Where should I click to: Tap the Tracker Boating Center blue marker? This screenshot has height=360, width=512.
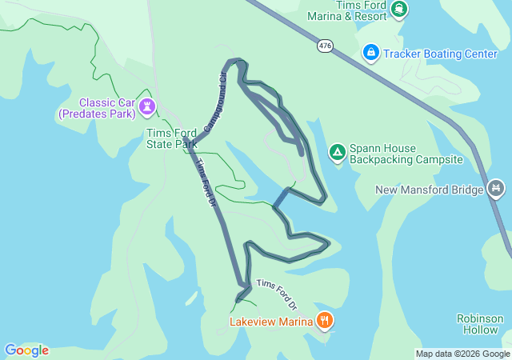tap(371, 54)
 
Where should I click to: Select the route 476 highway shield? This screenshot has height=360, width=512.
tap(325, 46)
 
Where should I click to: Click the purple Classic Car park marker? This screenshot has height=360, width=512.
tap(146, 106)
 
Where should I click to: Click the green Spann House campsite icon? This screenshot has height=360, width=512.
tap(338, 151)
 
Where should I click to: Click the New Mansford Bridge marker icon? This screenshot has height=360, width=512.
tap(496, 189)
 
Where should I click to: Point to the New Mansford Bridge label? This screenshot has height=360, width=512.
tap(430, 190)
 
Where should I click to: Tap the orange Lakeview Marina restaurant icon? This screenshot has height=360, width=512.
tap(325, 321)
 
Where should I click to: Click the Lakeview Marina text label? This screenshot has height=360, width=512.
tap(270, 322)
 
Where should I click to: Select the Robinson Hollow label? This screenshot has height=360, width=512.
tap(480, 324)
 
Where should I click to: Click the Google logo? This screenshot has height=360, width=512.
tap(26, 350)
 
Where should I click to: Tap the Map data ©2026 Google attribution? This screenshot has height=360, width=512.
tap(462, 354)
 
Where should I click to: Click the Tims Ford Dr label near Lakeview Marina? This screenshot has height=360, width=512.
tap(277, 294)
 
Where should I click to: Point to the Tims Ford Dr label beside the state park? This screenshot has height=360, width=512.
tap(206, 182)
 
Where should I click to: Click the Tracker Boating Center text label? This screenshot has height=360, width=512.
tap(441, 54)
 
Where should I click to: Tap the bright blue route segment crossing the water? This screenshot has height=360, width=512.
tap(281, 198)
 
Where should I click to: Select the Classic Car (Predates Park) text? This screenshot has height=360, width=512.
tap(96, 109)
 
